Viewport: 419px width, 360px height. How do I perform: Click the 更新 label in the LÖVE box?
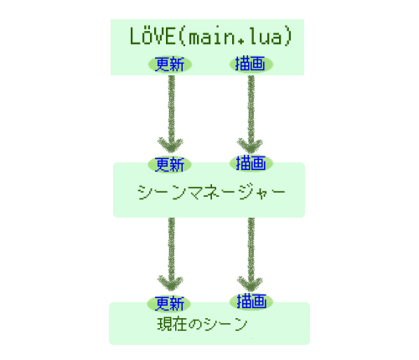point(170,64)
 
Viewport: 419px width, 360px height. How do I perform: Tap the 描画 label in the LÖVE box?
point(251,64)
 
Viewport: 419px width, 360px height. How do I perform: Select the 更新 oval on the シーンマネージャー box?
point(169,165)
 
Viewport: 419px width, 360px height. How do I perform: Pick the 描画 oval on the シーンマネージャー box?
point(251,163)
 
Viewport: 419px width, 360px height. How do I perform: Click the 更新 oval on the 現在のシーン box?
point(169,304)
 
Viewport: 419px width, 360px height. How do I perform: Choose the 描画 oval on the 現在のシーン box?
point(251,301)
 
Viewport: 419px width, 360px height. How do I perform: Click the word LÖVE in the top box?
point(153,36)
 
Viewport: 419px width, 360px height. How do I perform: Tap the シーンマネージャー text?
point(211,192)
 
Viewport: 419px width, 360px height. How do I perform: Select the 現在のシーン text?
point(202,324)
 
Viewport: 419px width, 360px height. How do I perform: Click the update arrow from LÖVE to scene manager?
point(171,114)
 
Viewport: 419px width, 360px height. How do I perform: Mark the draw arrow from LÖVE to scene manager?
point(251,114)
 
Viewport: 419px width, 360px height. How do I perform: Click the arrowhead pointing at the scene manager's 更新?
point(170,145)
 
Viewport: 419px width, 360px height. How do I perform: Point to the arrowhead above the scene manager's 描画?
point(250,145)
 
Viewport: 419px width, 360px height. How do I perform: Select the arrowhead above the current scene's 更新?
point(170,283)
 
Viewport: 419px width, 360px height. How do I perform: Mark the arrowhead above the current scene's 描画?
point(250,284)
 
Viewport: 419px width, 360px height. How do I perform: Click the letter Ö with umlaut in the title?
point(146,36)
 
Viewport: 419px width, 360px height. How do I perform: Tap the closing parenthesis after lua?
point(288,37)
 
